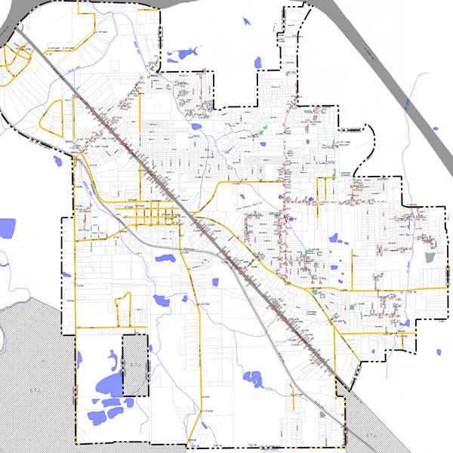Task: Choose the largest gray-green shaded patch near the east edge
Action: (x=430, y=257)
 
